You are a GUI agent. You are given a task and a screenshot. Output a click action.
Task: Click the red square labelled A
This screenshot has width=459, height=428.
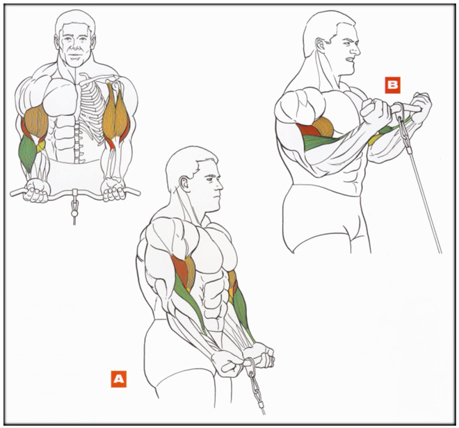click(x=118, y=379)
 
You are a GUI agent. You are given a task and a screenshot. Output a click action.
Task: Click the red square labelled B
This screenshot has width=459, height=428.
click(x=392, y=85)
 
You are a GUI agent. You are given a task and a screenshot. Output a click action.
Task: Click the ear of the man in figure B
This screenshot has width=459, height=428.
click(x=319, y=46)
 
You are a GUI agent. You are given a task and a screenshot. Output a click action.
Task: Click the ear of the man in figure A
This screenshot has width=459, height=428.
click(x=184, y=183)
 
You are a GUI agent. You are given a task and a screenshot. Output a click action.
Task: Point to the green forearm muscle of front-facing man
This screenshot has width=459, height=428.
click(x=27, y=153)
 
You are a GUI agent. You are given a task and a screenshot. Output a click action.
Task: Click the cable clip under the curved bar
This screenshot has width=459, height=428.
click(x=74, y=205)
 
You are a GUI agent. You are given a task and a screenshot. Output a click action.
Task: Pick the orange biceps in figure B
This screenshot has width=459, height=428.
click(x=323, y=127)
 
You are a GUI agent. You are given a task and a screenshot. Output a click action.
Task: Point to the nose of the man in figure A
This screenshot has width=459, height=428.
click(x=219, y=184)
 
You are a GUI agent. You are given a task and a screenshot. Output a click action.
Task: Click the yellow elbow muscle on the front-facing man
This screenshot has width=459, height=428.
click(x=40, y=147)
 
